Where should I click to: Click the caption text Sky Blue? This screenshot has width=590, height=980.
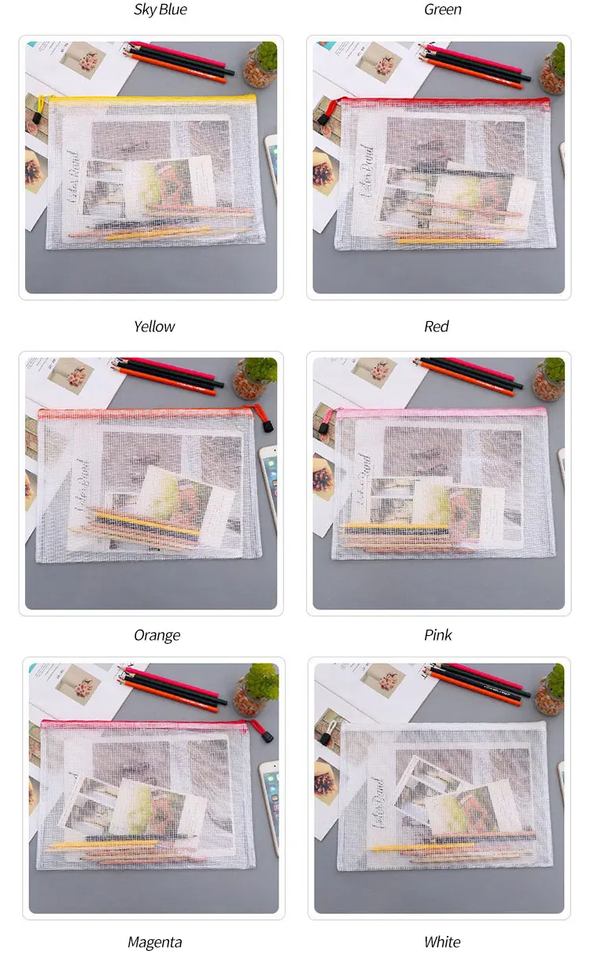click(x=160, y=10)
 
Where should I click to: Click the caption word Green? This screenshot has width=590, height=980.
click(x=442, y=10)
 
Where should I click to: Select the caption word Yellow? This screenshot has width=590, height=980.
click(x=154, y=327)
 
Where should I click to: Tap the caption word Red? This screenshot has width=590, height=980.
click(x=437, y=327)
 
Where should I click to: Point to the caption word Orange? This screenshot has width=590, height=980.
click(x=157, y=635)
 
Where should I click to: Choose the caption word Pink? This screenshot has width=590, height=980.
click(x=438, y=635)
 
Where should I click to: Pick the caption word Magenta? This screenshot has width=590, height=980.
click(x=154, y=942)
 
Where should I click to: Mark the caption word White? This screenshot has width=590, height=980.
click(x=442, y=942)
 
